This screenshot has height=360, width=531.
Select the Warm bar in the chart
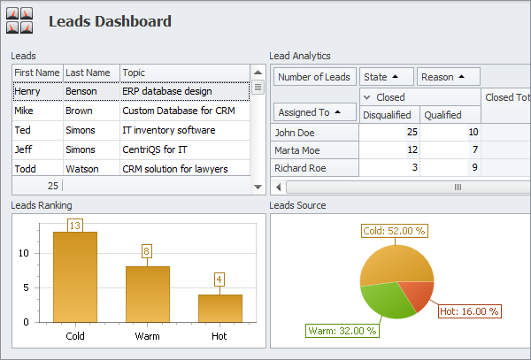click(147, 294)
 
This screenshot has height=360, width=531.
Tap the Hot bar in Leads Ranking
click(219, 307)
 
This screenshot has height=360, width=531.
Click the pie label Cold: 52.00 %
click(394, 231)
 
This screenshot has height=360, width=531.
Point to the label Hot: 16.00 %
click(470, 311)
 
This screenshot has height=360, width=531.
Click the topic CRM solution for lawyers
click(175, 169)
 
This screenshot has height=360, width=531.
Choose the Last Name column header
click(88, 73)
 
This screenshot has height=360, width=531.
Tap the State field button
click(386, 77)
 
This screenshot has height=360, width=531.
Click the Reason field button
click(448, 77)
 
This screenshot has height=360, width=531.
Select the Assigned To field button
click(314, 112)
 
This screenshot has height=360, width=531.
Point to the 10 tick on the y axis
click(24, 253)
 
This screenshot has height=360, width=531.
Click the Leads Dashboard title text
click(110, 21)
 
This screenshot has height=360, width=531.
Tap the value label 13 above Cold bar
click(75, 226)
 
